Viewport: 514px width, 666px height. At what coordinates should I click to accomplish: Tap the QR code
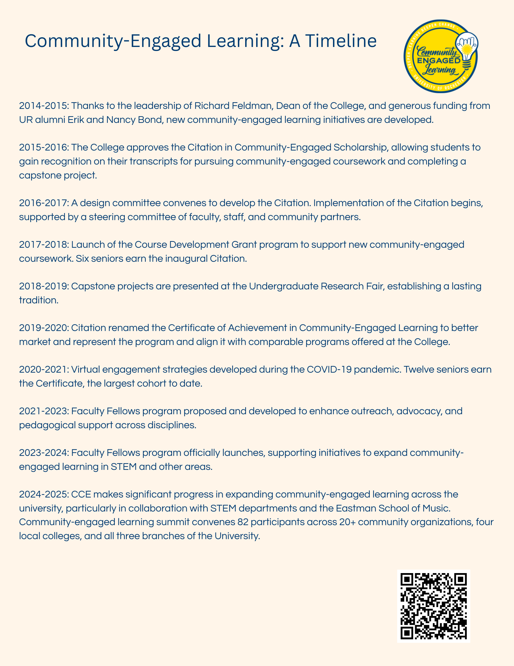click(433, 606)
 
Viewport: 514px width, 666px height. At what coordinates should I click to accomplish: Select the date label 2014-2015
click(44, 106)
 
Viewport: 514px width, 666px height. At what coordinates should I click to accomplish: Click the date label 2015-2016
click(44, 147)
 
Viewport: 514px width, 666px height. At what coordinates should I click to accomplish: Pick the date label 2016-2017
click(44, 203)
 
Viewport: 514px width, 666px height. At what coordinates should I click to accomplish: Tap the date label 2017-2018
click(44, 244)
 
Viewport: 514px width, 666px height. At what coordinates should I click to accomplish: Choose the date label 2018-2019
click(44, 286)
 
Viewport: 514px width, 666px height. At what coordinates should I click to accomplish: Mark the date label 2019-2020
click(44, 328)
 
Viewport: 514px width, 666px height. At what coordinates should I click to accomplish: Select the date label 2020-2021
click(44, 369)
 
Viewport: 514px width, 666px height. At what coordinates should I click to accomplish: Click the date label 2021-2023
click(44, 411)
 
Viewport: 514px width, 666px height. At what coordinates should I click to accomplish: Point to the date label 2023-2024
click(44, 453)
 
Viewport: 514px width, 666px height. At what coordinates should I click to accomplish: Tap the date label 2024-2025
click(44, 494)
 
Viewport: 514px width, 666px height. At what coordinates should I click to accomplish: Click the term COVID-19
click(372, 369)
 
